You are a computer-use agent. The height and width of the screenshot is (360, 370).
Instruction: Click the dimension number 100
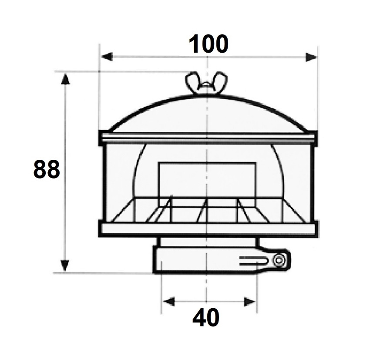click(209, 44)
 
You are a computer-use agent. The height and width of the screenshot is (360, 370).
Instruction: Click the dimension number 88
click(47, 170)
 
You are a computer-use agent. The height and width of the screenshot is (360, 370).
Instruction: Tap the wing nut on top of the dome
click(206, 83)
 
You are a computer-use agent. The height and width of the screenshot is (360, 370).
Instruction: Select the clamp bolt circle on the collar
click(278, 260)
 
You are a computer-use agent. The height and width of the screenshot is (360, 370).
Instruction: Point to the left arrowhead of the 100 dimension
click(107, 57)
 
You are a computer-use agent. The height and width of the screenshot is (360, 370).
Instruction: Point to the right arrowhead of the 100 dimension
click(311, 57)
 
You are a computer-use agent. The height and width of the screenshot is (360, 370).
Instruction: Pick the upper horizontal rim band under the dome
click(208, 138)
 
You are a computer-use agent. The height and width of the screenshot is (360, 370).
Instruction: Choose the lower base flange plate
click(209, 229)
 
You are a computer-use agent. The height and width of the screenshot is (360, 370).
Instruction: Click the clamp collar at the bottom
click(196, 260)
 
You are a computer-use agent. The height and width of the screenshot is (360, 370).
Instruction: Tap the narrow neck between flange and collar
click(209, 241)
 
